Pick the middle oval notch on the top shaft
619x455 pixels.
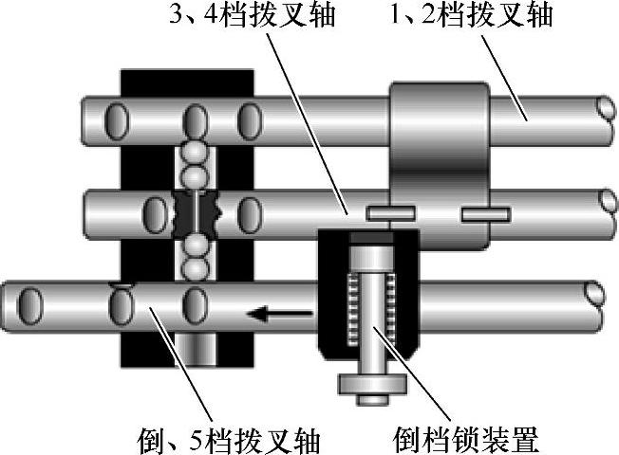click(x=196, y=120)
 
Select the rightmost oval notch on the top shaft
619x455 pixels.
click(x=249, y=120)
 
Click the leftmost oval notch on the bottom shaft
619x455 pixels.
click(x=30, y=306)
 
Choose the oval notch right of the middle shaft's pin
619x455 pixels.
click(x=249, y=209)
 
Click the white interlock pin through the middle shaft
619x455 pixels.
click(x=196, y=210)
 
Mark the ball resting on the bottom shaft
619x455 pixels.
click(x=195, y=268)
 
